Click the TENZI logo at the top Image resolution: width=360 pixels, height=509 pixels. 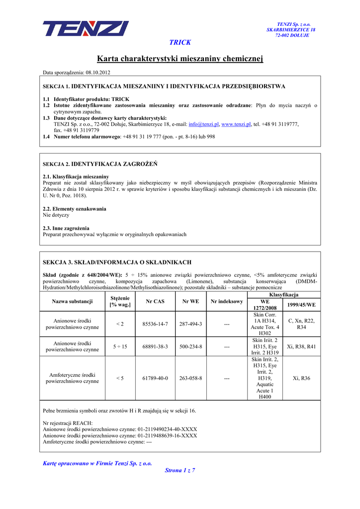[x=86, y=28]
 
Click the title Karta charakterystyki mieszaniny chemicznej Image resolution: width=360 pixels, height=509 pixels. [x=180, y=59]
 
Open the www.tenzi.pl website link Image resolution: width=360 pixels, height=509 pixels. [x=236, y=124]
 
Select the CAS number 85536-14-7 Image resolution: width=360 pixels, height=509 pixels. [x=155, y=324]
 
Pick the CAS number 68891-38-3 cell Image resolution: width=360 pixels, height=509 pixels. [x=155, y=346]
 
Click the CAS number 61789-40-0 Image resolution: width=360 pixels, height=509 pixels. [x=155, y=378]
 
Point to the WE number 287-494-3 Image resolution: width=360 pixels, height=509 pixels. [x=191, y=324]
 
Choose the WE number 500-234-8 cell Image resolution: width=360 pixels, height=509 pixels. [x=191, y=346]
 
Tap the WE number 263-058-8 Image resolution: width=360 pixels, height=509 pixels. [x=191, y=378]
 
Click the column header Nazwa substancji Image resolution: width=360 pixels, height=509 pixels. [x=72, y=301]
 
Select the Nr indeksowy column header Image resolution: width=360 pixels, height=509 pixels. [x=227, y=301]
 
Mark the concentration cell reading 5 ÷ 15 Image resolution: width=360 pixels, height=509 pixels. [x=119, y=346]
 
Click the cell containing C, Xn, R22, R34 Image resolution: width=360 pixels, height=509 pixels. [x=301, y=324]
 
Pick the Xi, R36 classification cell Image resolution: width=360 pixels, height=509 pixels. [x=301, y=378]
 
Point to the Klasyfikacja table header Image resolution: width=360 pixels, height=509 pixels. [x=283, y=295]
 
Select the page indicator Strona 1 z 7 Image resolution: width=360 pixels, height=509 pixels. [x=180, y=470]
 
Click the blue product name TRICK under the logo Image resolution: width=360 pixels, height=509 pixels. [x=180, y=43]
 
